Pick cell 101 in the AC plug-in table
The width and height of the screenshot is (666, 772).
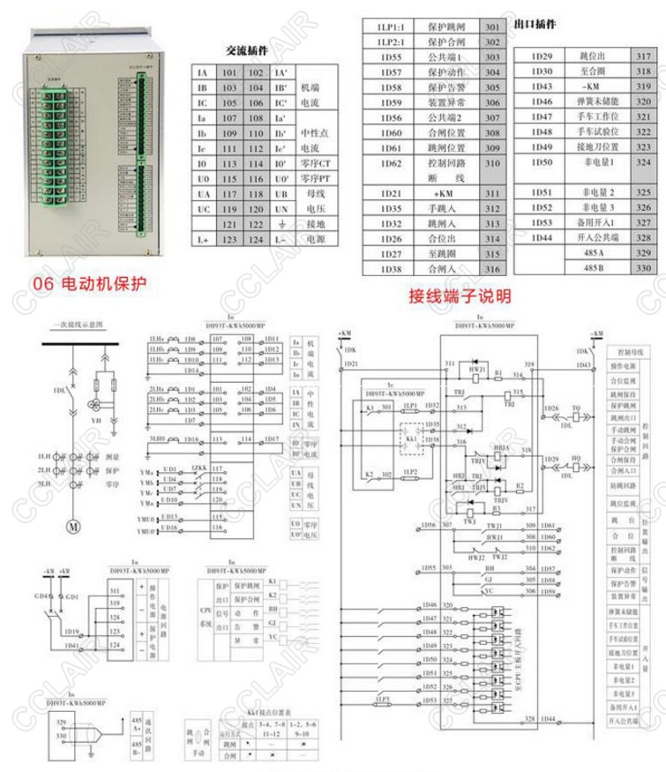tap(231, 74)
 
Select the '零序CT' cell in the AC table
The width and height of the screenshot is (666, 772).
tap(316, 164)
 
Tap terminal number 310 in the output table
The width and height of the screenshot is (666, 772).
tap(492, 163)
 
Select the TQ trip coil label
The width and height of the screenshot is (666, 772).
tap(576, 408)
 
